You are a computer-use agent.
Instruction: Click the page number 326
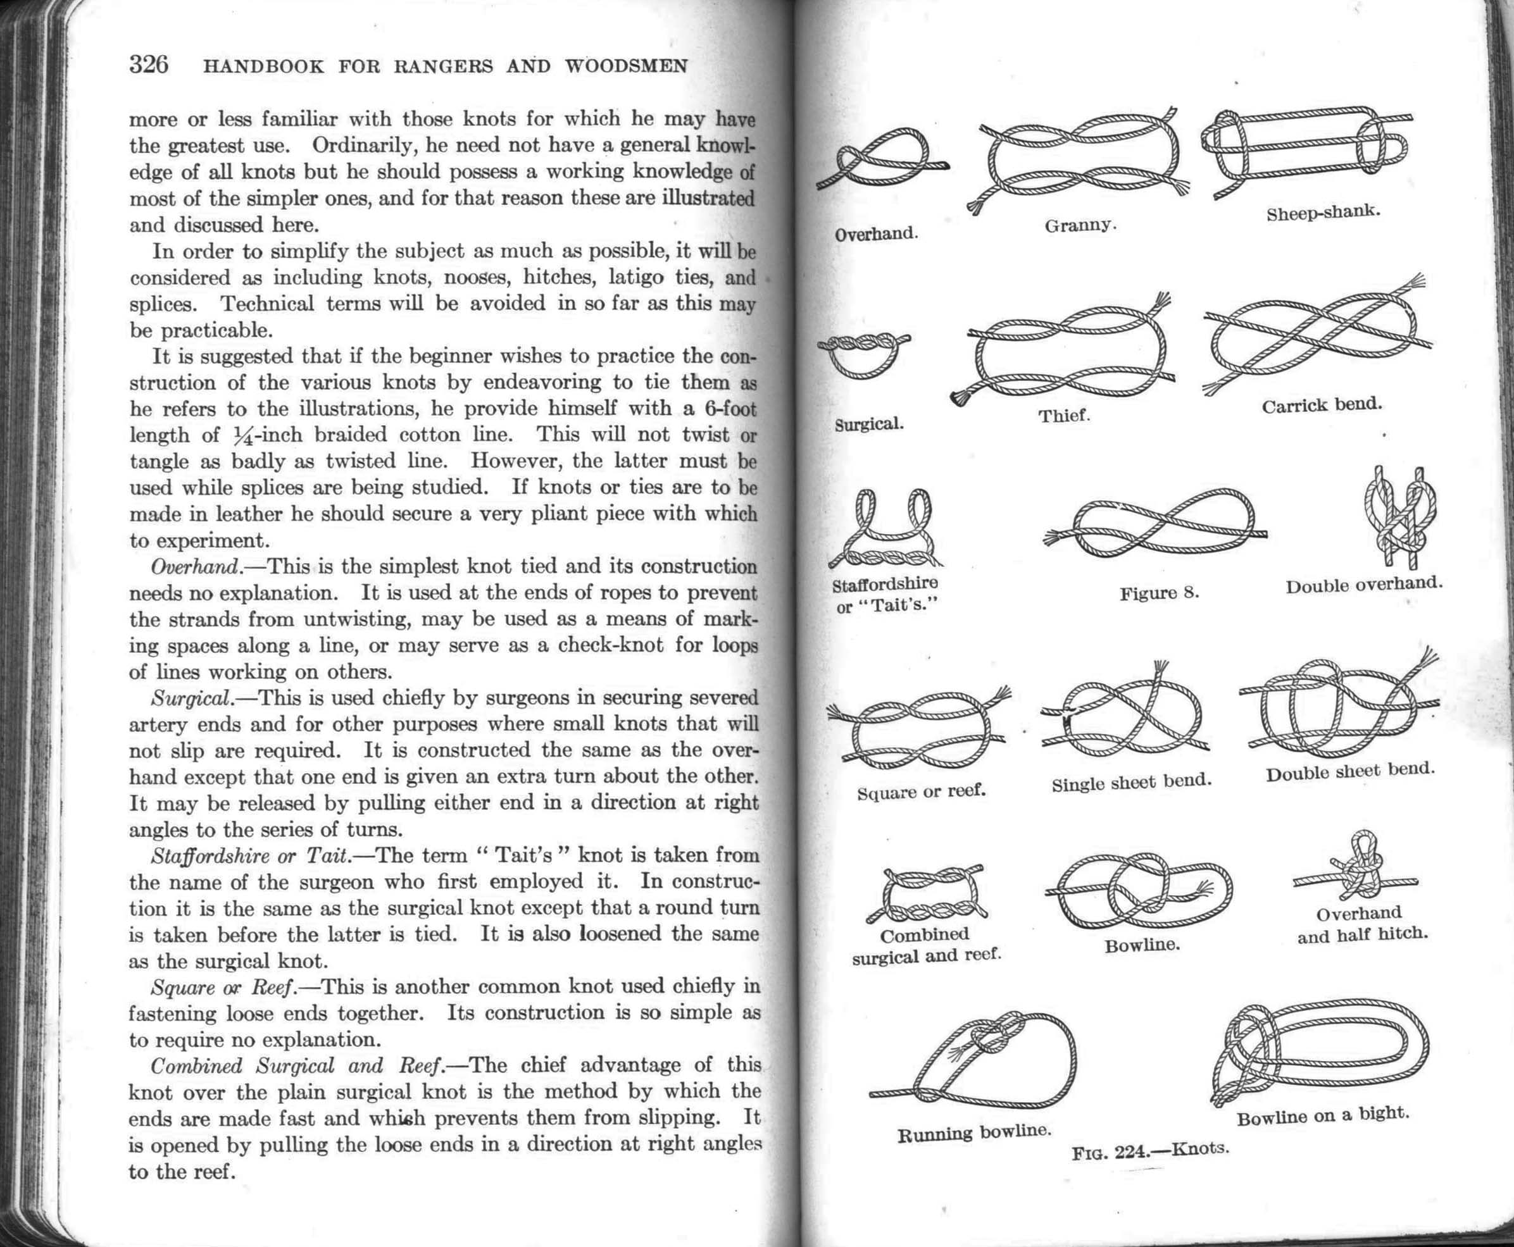[149, 65]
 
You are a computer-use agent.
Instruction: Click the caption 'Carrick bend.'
[1322, 405]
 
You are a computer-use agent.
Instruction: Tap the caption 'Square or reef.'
[920, 791]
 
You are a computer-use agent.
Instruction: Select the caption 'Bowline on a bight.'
[1322, 1115]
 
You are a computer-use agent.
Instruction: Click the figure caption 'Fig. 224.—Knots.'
[1149, 1151]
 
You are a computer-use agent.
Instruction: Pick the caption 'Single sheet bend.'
[1131, 782]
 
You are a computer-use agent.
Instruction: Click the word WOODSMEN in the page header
[626, 67]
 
